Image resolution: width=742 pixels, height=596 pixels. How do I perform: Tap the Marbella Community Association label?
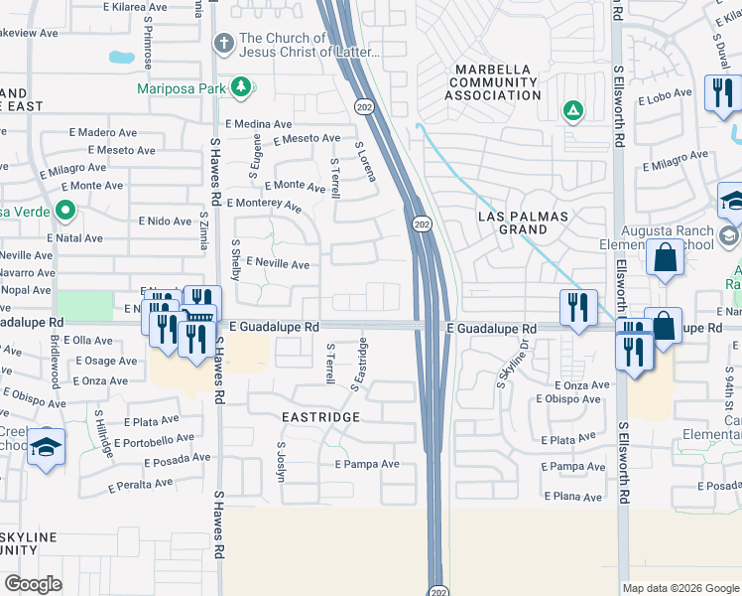click(492, 81)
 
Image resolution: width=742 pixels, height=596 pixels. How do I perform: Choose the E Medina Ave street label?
click(260, 124)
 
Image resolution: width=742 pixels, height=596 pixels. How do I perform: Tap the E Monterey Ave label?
click(264, 205)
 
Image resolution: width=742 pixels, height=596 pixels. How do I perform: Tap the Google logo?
click(34, 584)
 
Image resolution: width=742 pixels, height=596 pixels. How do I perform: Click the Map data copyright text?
click(680, 588)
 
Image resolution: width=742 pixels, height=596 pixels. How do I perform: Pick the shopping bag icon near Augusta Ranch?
click(665, 257)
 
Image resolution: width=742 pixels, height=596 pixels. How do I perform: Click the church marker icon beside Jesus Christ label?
click(223, 45)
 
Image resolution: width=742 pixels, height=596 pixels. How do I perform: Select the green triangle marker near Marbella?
click(572, 110)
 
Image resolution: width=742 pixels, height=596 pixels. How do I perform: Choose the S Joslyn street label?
click(282, 462)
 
